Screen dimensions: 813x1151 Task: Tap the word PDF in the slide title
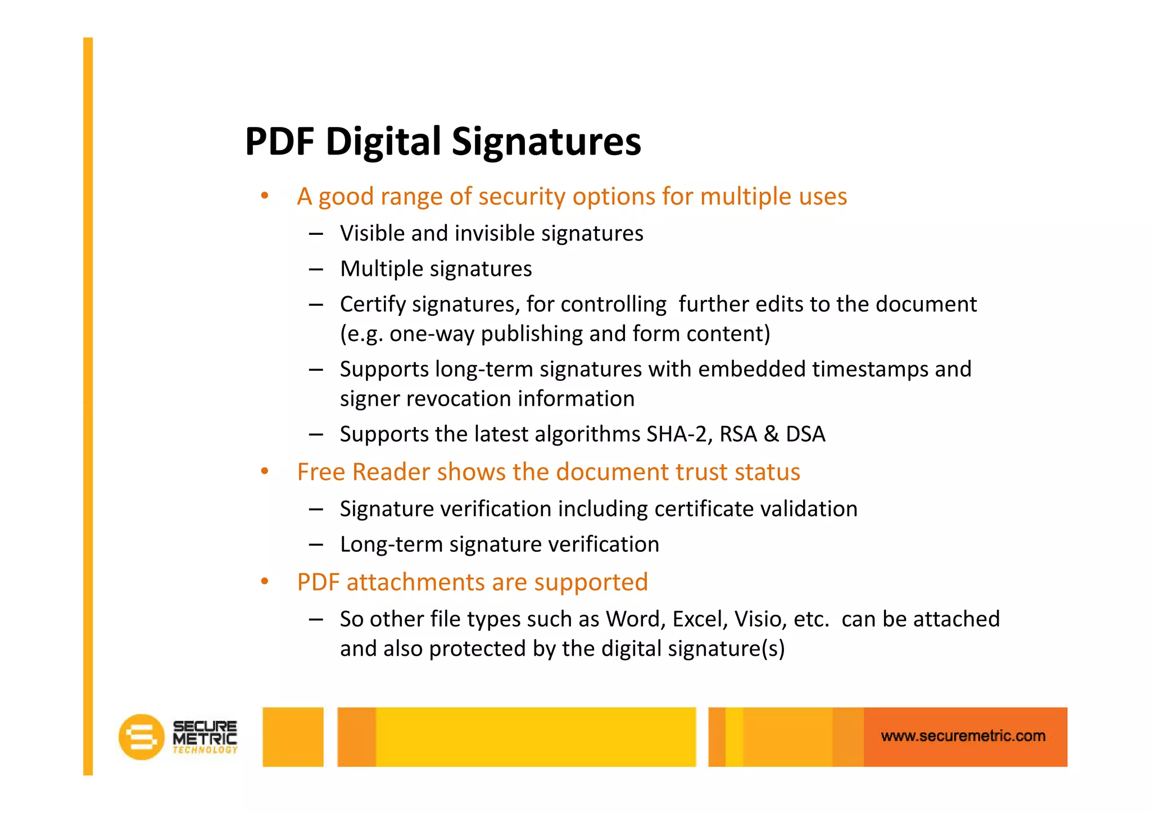tap(279, 142)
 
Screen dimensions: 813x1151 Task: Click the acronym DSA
tap(805, 434)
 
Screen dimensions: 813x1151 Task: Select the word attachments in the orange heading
tap(415, 582)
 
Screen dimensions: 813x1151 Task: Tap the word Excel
tap(696, 619)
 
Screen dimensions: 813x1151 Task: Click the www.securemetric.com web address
tap(963, 736)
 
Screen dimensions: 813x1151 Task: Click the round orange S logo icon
tap(141, 737)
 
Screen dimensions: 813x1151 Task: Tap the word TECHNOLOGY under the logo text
tap(205, 750)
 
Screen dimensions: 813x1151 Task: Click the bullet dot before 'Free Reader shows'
tap(265, 471)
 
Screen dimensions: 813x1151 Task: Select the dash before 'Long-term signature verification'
tap(316, 544)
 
